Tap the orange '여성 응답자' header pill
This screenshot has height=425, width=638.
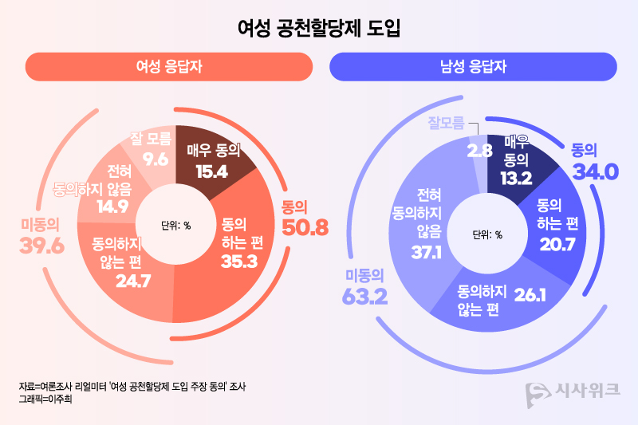click(x=168, y=67)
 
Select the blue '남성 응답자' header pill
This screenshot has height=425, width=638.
click(x=473, y=67)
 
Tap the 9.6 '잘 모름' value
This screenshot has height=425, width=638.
click(x=156, y=159)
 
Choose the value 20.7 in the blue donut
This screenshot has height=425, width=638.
click(x=557, y=245)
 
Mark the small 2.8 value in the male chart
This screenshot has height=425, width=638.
click(x=478, y=149)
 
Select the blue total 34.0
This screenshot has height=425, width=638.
click(x=594, y=171)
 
